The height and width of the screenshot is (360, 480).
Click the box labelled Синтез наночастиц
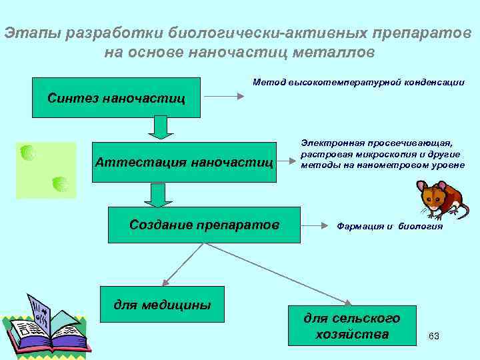(116, 98)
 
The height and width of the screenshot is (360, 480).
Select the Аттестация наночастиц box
(184, 162)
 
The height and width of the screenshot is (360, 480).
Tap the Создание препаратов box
(204, 225)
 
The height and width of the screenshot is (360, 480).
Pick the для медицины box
(162, 305)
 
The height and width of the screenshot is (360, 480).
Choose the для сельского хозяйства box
(352, 326)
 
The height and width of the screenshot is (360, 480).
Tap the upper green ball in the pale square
(28, 153)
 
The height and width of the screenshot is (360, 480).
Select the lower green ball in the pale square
(60, 184)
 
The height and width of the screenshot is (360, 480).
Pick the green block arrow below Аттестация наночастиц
(157, 195)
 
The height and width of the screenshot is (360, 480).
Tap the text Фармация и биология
(389, 226)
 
